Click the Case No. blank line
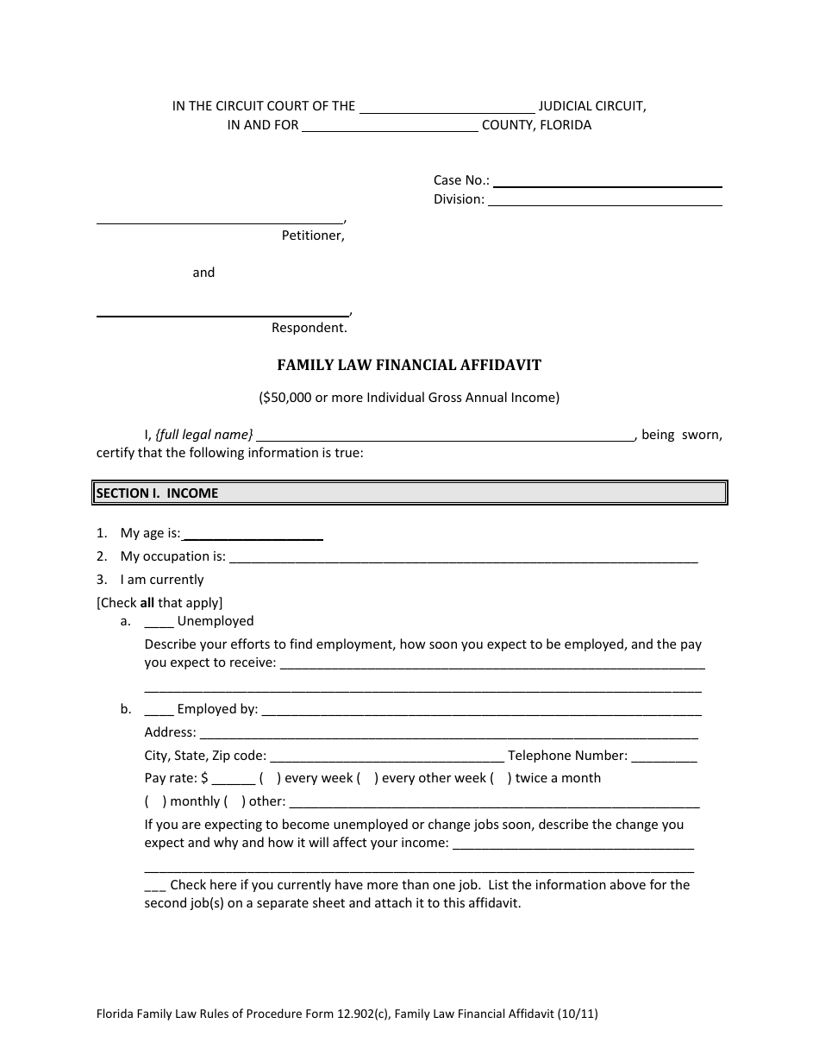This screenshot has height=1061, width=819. click(x=607, y=182)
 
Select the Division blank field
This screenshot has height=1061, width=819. click(x=604, y=201)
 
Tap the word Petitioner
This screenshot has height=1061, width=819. click(x=313, y=235)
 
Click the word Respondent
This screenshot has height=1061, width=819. click(x=309, y=328)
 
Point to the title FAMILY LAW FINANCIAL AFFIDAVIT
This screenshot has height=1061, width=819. click(x=409, y=365)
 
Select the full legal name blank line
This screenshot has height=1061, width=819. click(x=445, y=436)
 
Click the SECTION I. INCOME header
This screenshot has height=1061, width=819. click(x=157, y=493)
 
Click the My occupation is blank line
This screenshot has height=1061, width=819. click(x=463, y=558)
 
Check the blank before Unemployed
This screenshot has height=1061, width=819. click(x=159, y=622)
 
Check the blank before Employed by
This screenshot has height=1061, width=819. click(x=159, y=710)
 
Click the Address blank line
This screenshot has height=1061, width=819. click(x=447, y=734)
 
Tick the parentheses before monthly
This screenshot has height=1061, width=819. click(x=156, y=801)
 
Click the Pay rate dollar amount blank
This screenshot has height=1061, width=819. click(x=232, y=780)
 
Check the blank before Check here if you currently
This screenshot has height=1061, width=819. click(x=155, y=886)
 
